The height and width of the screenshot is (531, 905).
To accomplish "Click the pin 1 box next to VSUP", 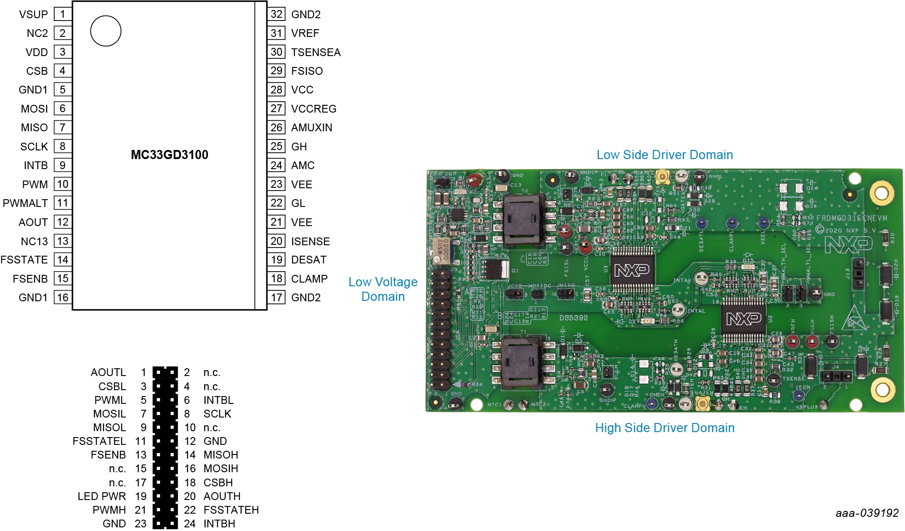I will tap(62, 14).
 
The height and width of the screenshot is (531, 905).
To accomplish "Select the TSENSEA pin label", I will tap(315, 52).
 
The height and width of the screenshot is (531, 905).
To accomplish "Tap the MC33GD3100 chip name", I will tap(169, 155).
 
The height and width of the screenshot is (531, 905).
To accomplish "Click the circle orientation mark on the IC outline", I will tap(106, 31).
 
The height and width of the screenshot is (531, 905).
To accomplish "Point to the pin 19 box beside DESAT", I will tap(276, 260).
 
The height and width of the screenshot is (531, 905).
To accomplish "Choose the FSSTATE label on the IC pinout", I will tap(24, 260).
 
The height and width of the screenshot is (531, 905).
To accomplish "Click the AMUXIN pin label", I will tap(311, 128).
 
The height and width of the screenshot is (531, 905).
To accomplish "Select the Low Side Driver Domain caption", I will tap(664, 155).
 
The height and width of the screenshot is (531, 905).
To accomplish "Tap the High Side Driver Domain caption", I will tap(664, 428).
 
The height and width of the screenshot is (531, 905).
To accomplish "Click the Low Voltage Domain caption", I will tap(383, 289).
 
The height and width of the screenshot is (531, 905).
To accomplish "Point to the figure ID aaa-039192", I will tap(866, 513).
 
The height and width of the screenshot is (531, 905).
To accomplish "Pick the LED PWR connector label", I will tap(102, 496).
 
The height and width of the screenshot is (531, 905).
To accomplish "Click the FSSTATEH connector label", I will tap(231, 510).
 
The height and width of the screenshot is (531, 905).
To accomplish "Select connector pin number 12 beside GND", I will tap(190, 441).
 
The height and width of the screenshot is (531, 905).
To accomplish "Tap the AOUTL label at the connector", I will tap(108, 372).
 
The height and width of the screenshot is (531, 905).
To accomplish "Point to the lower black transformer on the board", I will tap(522, 362).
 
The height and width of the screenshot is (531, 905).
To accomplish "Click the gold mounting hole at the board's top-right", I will tap(881, 193).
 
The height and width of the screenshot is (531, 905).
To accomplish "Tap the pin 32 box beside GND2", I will tap(276, 14).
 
